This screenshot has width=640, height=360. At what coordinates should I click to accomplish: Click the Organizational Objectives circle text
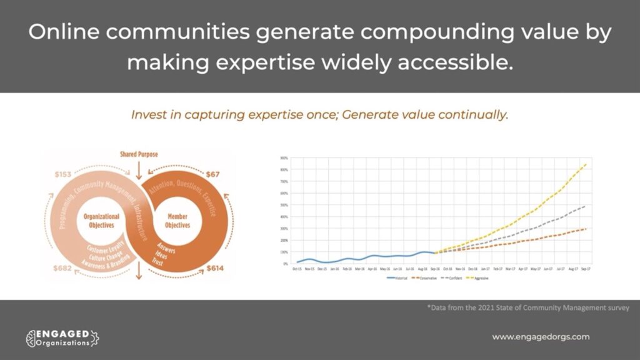pos(101,220)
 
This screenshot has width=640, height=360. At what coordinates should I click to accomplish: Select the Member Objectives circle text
pos(177,221)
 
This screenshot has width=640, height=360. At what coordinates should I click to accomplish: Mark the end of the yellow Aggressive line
pos(585,165)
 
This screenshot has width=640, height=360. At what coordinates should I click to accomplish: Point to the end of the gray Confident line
pos(585,206)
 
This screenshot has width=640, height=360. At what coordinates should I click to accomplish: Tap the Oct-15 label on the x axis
pos(297,269)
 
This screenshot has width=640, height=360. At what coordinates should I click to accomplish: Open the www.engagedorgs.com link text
pos(541,337)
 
